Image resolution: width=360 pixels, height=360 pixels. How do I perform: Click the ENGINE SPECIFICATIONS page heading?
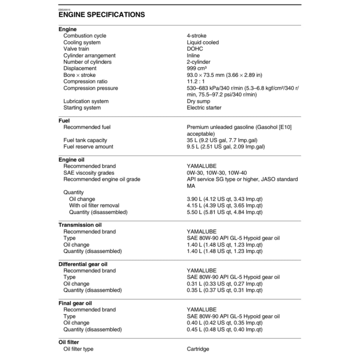[x=102, y=15]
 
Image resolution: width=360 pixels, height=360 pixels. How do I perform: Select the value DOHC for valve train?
[x=195, y=49]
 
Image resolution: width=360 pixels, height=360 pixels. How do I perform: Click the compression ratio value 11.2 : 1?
[x=196, y=82]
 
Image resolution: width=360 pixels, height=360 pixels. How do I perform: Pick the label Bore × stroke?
[x=79, y=75]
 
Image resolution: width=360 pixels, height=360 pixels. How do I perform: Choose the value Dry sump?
[x=198, y=101]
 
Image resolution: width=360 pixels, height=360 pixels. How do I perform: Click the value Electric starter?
[x=204, y=108]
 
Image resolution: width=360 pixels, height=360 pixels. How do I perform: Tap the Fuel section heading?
[x=64, y=121]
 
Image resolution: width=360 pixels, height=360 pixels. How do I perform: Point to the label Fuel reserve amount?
[x=88, y=147]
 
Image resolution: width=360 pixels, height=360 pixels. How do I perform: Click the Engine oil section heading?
[x=71, y=160]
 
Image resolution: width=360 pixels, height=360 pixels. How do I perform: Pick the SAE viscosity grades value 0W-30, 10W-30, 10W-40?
[x=217, y=173]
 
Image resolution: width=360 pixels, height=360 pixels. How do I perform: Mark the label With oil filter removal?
[x=94, y=206]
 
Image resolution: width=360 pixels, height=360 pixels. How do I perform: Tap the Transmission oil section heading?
[x=80, y=225]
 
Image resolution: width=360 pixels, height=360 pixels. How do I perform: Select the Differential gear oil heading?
[x=83, y=264]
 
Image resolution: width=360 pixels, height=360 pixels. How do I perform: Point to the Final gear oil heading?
[x=75, y=303]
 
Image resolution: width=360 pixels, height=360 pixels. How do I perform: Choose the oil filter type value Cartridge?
[x=198, y=349]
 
